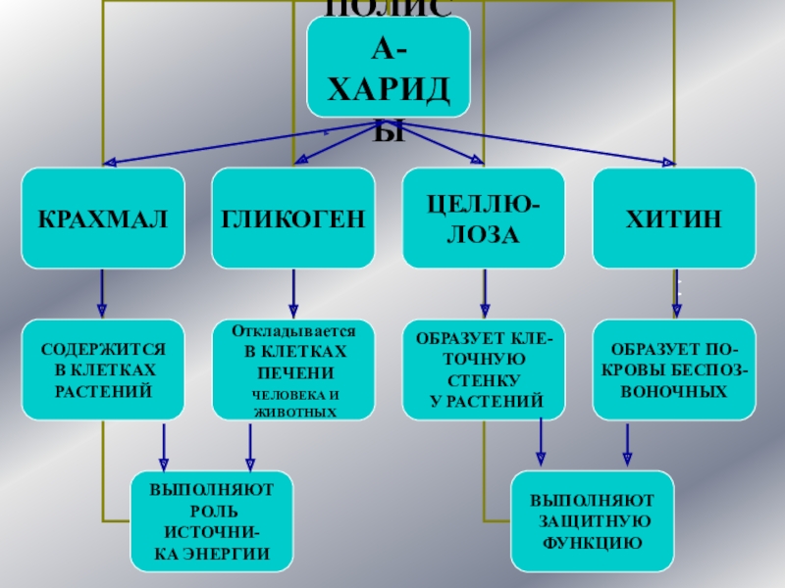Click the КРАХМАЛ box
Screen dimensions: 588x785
[x=104, y=218]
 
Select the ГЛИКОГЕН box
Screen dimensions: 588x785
[x=293, y=218]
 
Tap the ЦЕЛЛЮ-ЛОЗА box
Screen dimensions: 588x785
[x=484, y=218]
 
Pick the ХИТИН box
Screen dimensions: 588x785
[x=674, y=218]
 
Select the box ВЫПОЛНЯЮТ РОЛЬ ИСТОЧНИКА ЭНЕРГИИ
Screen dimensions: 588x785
[x=213, y=521]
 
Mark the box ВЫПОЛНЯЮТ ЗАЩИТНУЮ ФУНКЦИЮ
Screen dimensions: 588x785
[x=593, y=521]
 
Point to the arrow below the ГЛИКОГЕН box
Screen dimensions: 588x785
[x=293, y=293]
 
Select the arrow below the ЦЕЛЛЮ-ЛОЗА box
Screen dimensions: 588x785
[x=484, y=293]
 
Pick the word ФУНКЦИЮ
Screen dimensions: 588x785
[x=593, y=541]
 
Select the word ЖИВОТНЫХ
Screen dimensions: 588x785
[x=293, y=413]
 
